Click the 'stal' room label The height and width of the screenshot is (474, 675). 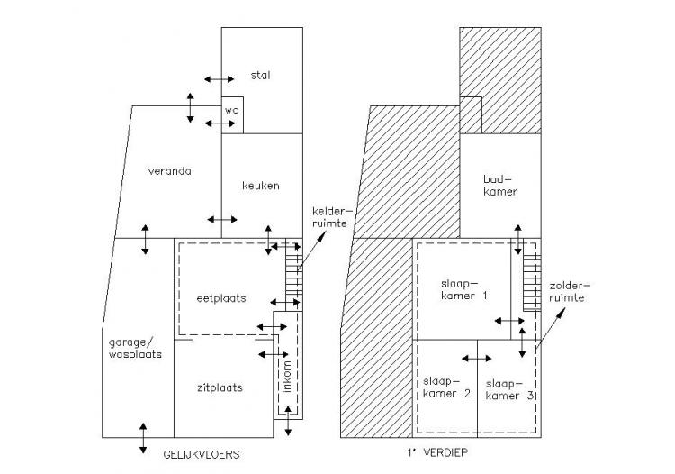click(x=260, y=75)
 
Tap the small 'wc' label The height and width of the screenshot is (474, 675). click(x=231, y=110)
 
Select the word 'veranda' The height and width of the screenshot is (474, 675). click(x=169, y=170)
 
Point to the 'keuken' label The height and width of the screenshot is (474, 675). click(x=261, y=186)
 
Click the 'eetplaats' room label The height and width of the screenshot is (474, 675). click(x=221, y=298)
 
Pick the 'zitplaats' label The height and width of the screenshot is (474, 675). click(x=220, y=387)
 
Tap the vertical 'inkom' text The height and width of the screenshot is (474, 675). click(x=288, y=376)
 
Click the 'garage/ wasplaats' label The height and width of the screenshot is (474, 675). click(x=135, y=348)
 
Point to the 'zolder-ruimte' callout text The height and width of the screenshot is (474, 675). click(x=568, y=291)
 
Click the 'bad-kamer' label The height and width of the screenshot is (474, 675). click(x=499, y=186)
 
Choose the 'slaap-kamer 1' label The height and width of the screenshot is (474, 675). click(x=464, y=289)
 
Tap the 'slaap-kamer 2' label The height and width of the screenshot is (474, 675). click(x=446, y=387)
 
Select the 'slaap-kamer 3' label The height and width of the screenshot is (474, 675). click(x=510, y=389)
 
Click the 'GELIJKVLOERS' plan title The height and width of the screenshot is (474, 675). click(x=202, y=454)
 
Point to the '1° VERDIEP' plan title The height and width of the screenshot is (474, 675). click(x=437, y=452)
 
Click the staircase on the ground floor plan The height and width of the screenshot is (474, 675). click(x=294, y=276)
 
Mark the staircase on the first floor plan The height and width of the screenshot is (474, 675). click(x=532, y=282)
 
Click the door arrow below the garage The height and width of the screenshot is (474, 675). click(x=143, y=438)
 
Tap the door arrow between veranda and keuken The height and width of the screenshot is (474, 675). click(x=222, y=219)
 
